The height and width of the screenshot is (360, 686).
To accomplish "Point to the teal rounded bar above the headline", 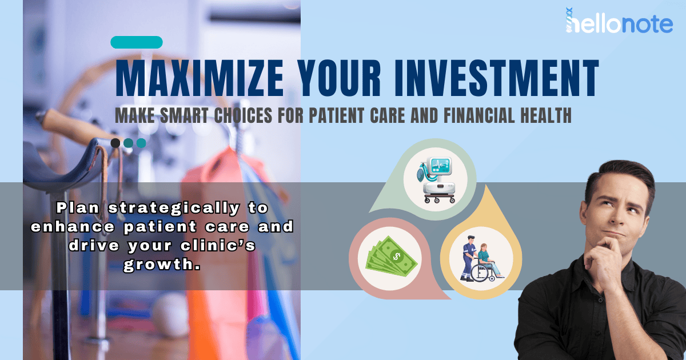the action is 137,42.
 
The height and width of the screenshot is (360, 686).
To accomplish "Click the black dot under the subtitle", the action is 115,143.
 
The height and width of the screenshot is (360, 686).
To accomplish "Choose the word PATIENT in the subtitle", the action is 337,115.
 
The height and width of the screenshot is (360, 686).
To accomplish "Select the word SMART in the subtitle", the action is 184,115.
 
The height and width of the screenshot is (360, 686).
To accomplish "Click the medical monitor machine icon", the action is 435,179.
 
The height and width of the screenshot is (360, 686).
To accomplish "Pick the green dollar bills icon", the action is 391,257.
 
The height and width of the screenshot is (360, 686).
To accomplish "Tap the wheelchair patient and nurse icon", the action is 481,259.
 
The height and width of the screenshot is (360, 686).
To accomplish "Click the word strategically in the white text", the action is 174,209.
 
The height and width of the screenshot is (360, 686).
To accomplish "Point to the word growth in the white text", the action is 162,264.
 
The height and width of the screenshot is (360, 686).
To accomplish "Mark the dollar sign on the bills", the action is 397,256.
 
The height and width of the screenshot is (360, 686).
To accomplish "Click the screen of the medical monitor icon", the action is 440,166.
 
